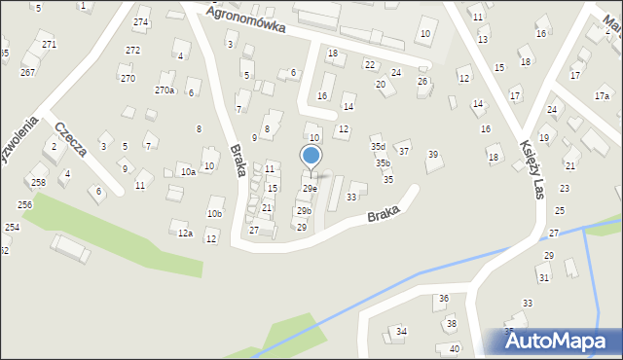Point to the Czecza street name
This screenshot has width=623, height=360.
click(71, 138)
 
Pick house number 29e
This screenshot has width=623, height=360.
click(309, 188)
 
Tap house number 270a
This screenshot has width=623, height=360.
click(165, 90)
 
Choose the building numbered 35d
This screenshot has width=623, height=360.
click(377, 147)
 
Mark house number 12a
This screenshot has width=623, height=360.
click(184, 234)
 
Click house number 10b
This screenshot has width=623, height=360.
click(214, 214)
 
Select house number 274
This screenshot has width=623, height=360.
click(141, 22)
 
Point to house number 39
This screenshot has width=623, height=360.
click(433, 155)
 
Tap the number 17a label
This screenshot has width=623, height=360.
click(602, 95)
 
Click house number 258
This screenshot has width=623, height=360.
click(38, 183)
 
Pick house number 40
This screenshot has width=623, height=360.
click(455, 348)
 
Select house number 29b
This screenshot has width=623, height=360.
click(304, 211)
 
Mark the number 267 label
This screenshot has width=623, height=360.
click(28, 73)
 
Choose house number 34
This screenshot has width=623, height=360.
click(401, 332)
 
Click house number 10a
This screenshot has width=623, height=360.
click(188, 171)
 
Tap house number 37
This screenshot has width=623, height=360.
click(403, 152)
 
